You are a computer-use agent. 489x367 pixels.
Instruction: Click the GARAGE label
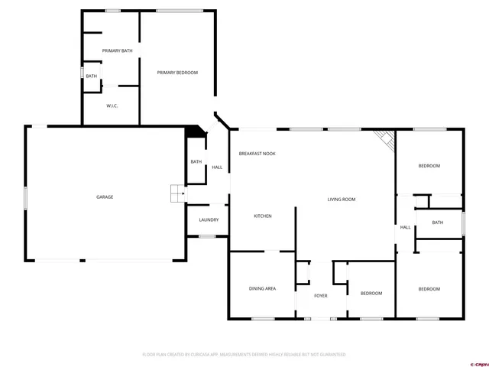[x=105, y=197]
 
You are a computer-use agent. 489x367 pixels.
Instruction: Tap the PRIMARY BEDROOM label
[x=177, y=73]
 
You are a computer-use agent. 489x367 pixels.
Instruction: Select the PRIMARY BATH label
[x=118, y=51]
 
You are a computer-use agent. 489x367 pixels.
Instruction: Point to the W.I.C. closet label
[x=111, y=106]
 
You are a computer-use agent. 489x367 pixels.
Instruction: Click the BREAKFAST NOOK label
[x=257, y=154]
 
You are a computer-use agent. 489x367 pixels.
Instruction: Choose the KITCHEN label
[x=263, y=216]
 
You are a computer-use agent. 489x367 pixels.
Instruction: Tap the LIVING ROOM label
[x=342, y=200]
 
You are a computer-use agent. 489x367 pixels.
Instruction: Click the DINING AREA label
[x=262, y=288]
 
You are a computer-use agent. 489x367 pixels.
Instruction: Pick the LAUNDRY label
[x=209, y=220]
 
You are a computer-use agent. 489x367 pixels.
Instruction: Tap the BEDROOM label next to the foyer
[x=371, y=294]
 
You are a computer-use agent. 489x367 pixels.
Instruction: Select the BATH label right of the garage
[x=196, y=161]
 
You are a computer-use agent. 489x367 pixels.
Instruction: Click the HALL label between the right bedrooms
[x=405, y=227]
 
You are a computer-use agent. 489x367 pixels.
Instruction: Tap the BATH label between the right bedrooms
[x=437, y=222]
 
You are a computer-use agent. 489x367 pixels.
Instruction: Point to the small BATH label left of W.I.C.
[x=92, y=76]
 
